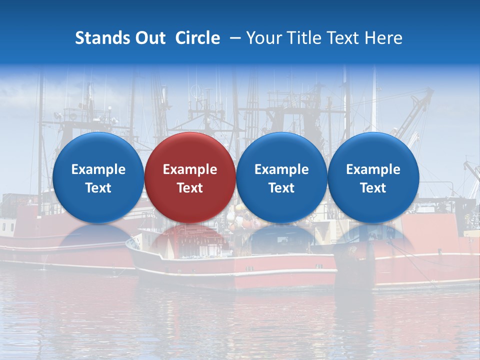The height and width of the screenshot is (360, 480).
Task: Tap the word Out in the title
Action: (149, 38)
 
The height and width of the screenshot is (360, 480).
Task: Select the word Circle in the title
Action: (197, 38)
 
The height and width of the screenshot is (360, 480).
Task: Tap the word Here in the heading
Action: (383, 38)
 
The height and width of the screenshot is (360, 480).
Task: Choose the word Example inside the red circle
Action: (190, 169)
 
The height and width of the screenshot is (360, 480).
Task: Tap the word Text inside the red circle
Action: (190, 188)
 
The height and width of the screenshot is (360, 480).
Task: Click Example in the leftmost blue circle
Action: (98, 169)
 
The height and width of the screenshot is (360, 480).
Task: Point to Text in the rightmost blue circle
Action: (373, 188)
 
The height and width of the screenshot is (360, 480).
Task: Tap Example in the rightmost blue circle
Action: (373, 169)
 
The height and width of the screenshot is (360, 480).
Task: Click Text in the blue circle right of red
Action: (281, 188)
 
